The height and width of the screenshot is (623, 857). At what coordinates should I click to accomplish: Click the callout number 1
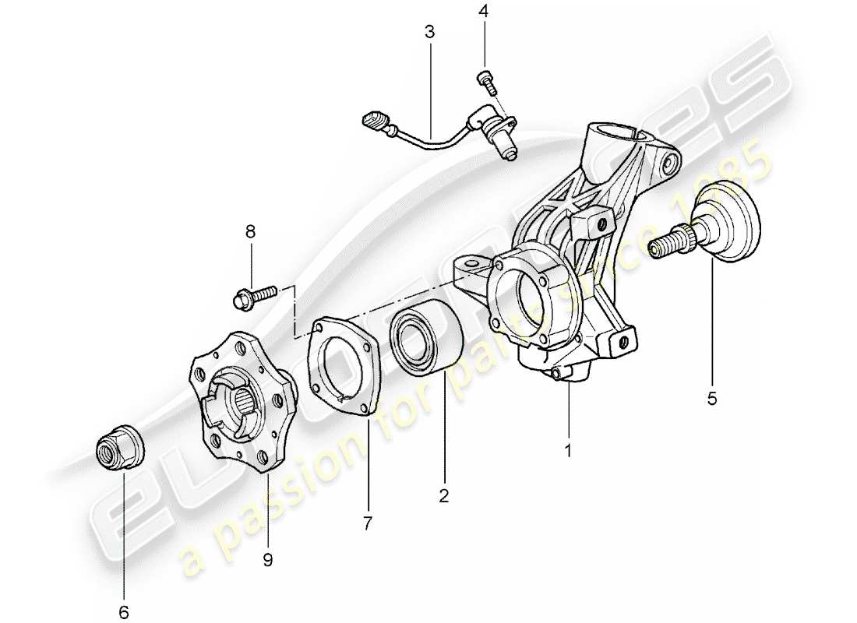pos(568,450)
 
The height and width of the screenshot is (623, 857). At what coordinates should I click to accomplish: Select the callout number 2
pos(443,495)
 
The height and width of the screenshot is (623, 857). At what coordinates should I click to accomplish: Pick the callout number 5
pos(712,399)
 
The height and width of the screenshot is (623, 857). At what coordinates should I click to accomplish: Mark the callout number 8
pos(250,232)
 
